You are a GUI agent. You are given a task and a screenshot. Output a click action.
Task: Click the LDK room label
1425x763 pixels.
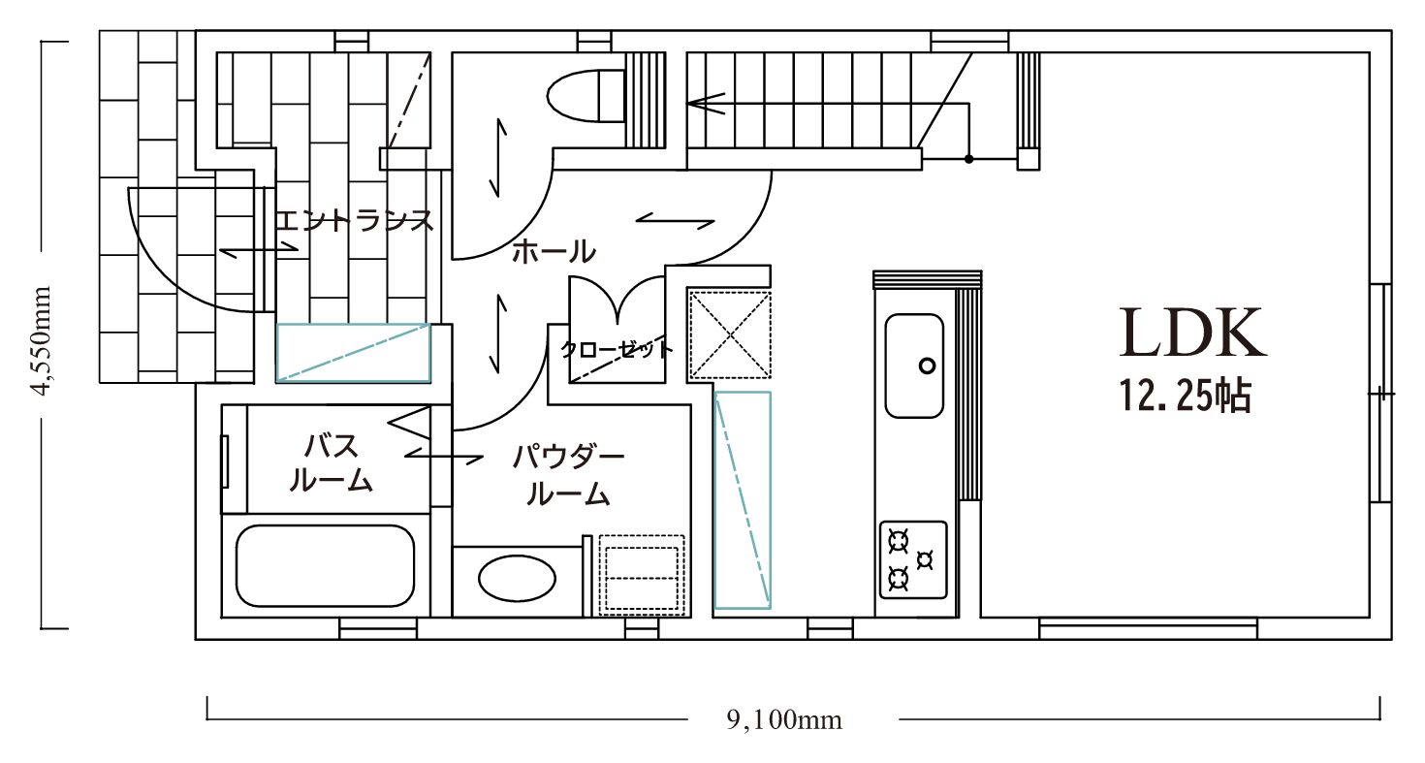pyautogui.click(x=1192, y=333)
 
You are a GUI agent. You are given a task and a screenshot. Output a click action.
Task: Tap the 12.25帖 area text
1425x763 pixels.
pyautogui.click(x=1186, y=396)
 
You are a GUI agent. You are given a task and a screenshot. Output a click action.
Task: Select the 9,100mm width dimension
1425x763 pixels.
pyautogui.click(x=784, y=719)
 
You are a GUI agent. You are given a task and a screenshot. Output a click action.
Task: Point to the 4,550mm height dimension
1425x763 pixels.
pyautogui.click(x=42, y=341)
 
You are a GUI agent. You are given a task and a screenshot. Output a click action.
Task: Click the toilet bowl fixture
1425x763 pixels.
pyautogui.click(x=586, y=95)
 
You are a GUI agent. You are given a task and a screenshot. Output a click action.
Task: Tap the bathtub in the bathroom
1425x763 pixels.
pyautogui.click(x=325, y=566)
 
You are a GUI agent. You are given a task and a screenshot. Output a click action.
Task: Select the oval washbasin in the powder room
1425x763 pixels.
pyautogui.click(x=517, y=578)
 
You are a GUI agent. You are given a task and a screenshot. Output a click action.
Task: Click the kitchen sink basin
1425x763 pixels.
pyautogui.click(x=914, y=366)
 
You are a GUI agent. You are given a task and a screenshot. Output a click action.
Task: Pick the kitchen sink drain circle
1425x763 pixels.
pyautogui.click(x=928, y=366)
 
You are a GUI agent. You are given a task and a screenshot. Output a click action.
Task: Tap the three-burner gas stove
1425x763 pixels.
pyautogui.click(x=913, y=560)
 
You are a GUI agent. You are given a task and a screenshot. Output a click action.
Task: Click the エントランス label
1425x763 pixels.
pyautogui.click(x=355, y=221)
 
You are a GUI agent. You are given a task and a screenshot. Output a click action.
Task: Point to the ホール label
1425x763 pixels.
pyautogui.click(x=554, y=251)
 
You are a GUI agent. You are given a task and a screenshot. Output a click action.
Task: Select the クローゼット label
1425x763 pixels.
pyautogui.click(x=616, y=349)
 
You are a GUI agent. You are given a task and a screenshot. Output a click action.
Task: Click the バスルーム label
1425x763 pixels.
pyautogui.click(x=331, y=462)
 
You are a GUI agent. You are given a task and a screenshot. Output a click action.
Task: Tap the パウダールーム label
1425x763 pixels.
pyautogui.click(x=569, y=475)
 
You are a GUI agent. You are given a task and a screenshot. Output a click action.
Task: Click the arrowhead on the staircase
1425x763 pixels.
pyautogui.click(x=705, y=104)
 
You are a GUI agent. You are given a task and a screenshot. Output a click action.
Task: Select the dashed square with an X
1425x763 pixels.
pyautogui.click(x=729, y=334)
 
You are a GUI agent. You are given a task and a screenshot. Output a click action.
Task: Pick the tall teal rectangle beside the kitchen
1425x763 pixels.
pyautogui.click(x=743, y=500)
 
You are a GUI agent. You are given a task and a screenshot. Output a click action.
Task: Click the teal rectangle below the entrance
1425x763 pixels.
pyautogui.click(x=353, y=353)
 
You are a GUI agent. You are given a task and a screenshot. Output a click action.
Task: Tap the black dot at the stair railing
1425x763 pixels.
pyautogui.click(x=968, y=159)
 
